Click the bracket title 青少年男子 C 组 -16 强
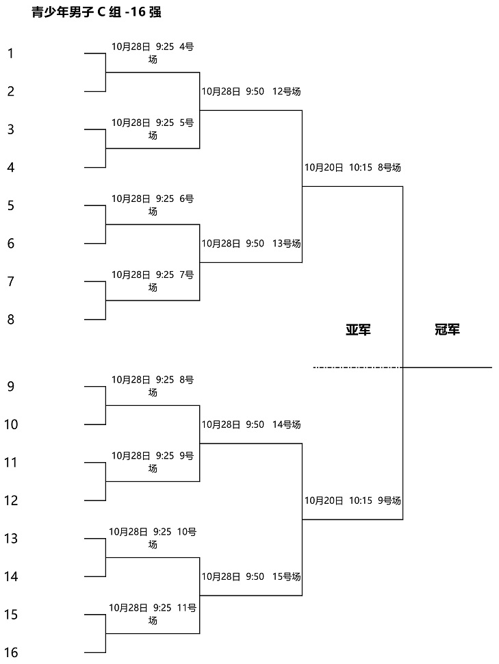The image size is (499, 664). (97, 12)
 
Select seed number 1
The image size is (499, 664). (10, 53)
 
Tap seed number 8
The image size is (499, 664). (10, 319)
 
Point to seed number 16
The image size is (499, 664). (11, 652)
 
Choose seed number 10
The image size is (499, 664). (11, 424)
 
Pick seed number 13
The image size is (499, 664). (11, 538)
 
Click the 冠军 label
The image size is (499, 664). (448, 329)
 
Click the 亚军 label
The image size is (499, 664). (359, 329)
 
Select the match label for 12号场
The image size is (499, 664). (251, 92)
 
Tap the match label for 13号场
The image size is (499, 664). (251, 244)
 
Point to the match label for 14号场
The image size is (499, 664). (251, 424)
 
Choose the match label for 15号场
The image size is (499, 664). (251, 576)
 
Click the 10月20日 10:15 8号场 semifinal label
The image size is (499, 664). (353, 168)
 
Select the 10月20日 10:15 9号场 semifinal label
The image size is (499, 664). (353, 500)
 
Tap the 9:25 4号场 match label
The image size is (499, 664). (153, 53)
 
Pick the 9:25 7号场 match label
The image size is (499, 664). (153, 281)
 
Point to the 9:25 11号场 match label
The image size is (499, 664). (153, 614)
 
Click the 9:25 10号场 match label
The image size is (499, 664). (153, 538)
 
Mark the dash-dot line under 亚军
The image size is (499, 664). (358, 367)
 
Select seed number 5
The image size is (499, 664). (10, 205)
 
